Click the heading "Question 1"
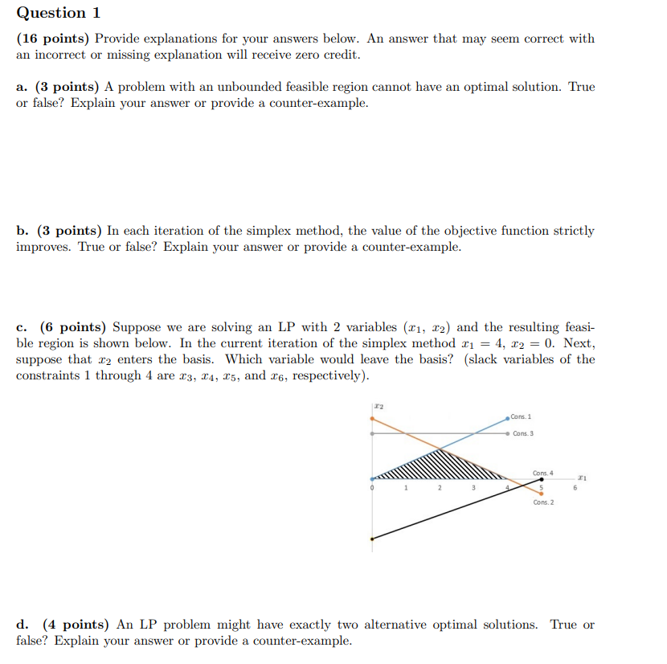click(x=51, y=13)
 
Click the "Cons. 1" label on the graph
click(x=520, y=416)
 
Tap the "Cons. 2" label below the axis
click(x=542, y=502)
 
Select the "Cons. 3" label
click(x=522, y=433)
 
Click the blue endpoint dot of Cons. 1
click(x=508, y=417)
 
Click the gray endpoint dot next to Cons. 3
click(x=508, y=433)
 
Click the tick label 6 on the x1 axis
click(x=575, y=488)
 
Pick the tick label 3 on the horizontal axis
click(x=473, y=488)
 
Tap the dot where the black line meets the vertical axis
click(x=371, y=539)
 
